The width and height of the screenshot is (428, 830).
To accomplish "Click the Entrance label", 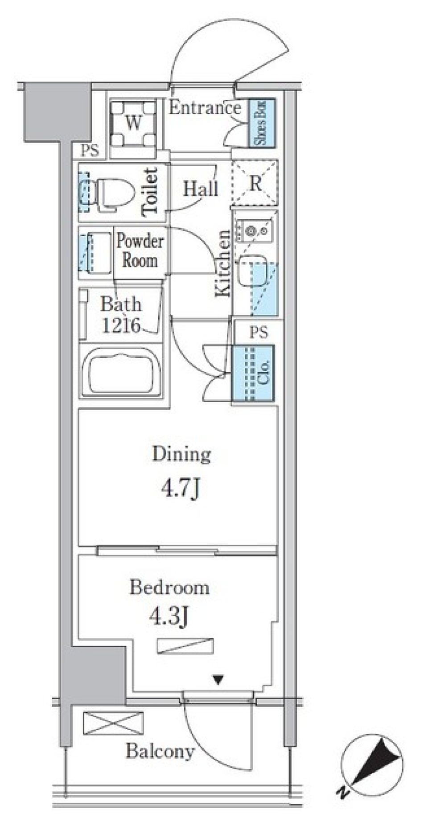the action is click(205, 108).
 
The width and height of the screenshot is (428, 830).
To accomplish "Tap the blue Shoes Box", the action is click(262, 123).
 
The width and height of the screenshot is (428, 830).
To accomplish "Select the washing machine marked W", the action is click(133, 124).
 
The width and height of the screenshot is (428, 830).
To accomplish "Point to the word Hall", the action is click(201, 189).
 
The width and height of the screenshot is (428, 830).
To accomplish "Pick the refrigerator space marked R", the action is click(255, 183).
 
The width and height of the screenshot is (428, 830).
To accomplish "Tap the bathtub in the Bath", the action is click(121, 371).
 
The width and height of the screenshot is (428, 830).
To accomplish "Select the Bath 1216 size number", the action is click(122, 326).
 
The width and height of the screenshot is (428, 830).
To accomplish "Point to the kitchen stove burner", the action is click(251, 231).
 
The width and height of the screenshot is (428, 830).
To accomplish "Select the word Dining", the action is click(181, 455).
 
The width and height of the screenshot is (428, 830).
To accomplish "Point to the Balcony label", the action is click(160, 751).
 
